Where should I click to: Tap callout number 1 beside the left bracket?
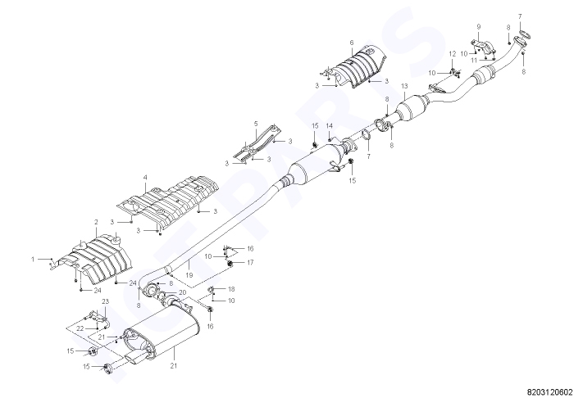(33, 259)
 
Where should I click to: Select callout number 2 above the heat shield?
(96, 222)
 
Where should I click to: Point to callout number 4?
(145, 177)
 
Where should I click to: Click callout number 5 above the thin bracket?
(256, 124)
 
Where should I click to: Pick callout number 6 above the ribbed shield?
(352, 43)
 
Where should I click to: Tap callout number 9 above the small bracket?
(478, 27)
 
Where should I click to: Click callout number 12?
(453, 54)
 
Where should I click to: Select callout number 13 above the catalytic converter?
(404, 86)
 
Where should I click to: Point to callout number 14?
(330, 126)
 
